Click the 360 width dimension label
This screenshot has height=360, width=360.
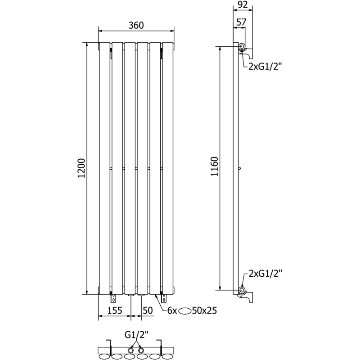(136, 26)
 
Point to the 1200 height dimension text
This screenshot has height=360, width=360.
(81, 168)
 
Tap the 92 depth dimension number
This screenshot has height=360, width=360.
(242, 5)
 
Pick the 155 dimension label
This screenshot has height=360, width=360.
(114, 310)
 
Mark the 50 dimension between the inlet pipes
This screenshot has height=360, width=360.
(148, 310)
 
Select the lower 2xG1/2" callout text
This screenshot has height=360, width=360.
(265, 273)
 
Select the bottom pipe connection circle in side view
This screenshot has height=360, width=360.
(242, 290)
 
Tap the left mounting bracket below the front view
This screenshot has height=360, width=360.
(112, 297)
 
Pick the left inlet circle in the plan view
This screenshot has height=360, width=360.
(131, 350)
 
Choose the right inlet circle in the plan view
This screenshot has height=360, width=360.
(142, 350)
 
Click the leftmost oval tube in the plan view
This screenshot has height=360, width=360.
(105, 357)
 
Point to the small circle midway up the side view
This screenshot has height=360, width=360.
(241, 169)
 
